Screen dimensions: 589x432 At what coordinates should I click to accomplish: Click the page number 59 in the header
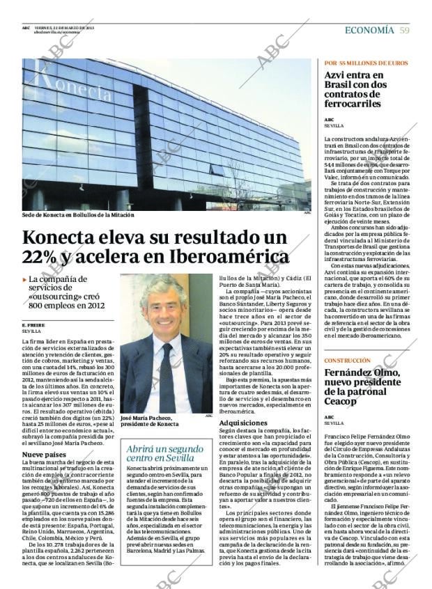pos(403,30)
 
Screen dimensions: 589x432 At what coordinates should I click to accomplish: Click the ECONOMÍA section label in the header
pos(369,30)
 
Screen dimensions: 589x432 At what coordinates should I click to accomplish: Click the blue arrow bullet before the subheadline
pos(25,279)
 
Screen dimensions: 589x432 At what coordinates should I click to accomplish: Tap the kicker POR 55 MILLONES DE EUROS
pos(366,63)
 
